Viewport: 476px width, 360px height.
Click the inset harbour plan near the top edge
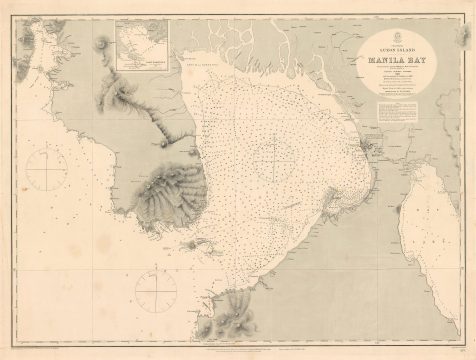coord(141,45)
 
